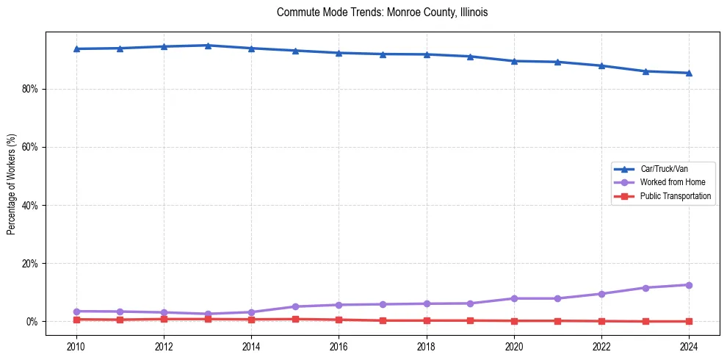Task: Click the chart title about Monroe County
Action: click(382, 12)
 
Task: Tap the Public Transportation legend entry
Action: click(675, 196)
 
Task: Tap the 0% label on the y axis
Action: click(32, 322)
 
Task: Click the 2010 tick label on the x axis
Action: click(76, 346)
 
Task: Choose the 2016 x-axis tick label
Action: click(339, 346)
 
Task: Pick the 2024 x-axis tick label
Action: click(689, 346)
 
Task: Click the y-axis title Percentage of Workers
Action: click(12, 184)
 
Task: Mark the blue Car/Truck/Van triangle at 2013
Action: click(208, 46)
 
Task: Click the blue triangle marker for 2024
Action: click(689, 73)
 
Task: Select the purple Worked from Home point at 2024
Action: click(689, 285)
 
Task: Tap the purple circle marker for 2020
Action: click(514, 298)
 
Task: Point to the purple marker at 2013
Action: click(208, 314)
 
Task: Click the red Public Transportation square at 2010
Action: click(76, 320)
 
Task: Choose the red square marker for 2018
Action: click(427, 320)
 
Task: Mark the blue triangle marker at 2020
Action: click(514, 61)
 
